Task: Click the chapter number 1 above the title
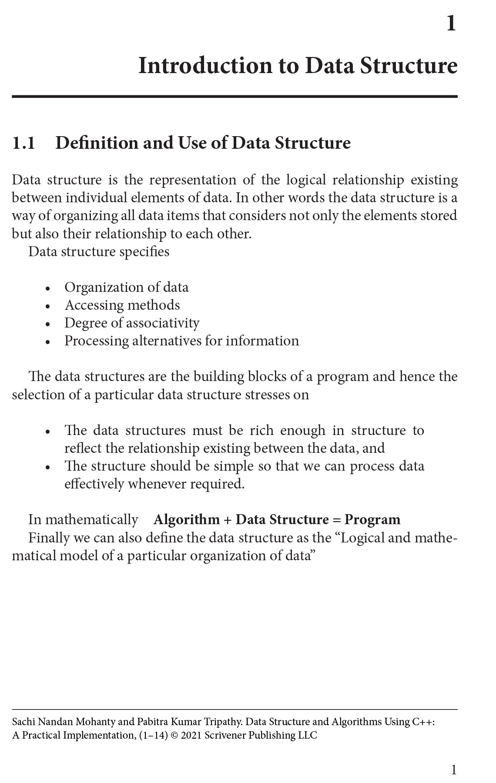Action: point(451,23)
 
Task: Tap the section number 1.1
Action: point(23,143)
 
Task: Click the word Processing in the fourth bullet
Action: point(97,341)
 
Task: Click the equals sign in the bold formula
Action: point(336,520)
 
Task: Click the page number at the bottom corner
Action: point(454,770)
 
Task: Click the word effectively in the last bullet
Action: point(94,484)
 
